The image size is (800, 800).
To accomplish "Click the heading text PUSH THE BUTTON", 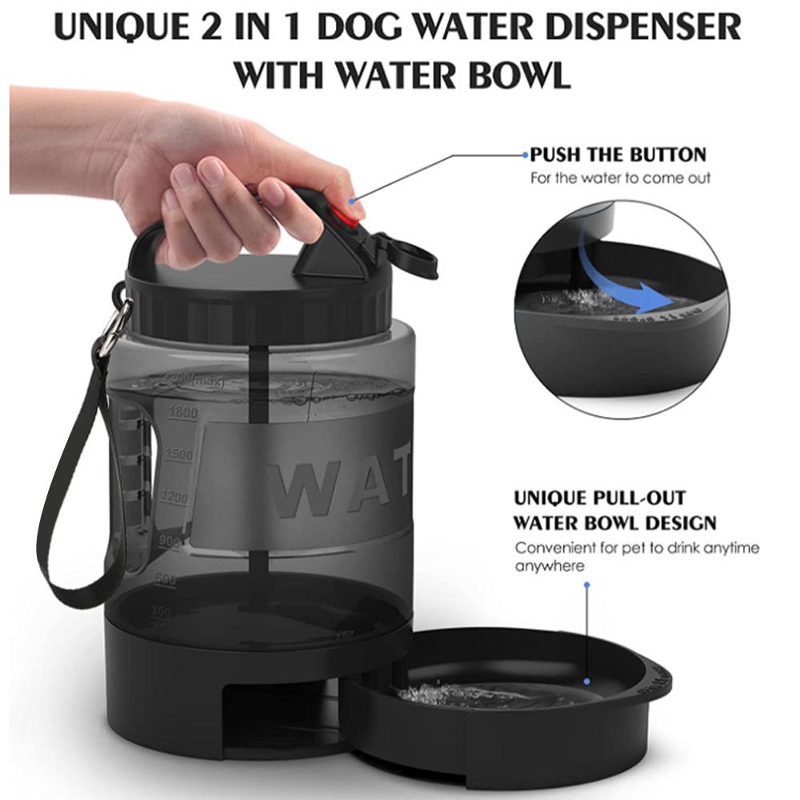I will point(618,154).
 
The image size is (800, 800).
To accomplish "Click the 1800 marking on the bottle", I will point(183,414).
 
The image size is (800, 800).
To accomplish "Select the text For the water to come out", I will point(620,178).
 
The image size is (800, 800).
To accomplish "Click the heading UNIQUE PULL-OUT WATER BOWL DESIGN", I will point(614,510).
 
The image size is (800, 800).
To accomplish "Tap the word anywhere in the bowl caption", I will point(550,566).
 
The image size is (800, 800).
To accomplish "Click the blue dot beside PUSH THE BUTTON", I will point(524,155).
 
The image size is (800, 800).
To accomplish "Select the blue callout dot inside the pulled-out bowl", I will point(587,682).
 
